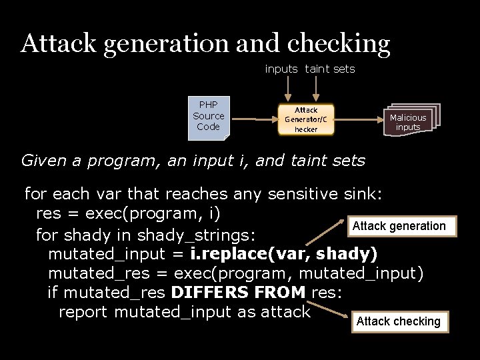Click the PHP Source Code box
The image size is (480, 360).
coord(209,118)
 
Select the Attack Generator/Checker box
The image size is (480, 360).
coord(306,119)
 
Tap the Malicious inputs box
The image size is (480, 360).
coord(409,121)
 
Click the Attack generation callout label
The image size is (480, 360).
coord(399,226)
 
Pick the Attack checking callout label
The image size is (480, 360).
coord(398,321)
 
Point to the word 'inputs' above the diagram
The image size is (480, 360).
coord(281,69)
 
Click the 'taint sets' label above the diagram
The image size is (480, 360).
coord(330,69)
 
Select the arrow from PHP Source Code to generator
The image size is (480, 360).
coord(253,119)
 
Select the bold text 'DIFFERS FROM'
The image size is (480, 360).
coord(238,292)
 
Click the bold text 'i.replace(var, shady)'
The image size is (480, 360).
coord(284,254)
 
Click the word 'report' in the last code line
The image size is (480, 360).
coord(84,311)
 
